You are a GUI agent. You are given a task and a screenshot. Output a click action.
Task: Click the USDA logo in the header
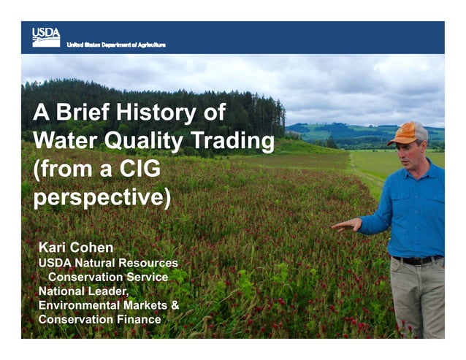45,37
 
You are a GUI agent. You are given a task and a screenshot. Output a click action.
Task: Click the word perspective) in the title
102,198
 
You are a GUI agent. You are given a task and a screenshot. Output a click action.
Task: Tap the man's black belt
417,259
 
